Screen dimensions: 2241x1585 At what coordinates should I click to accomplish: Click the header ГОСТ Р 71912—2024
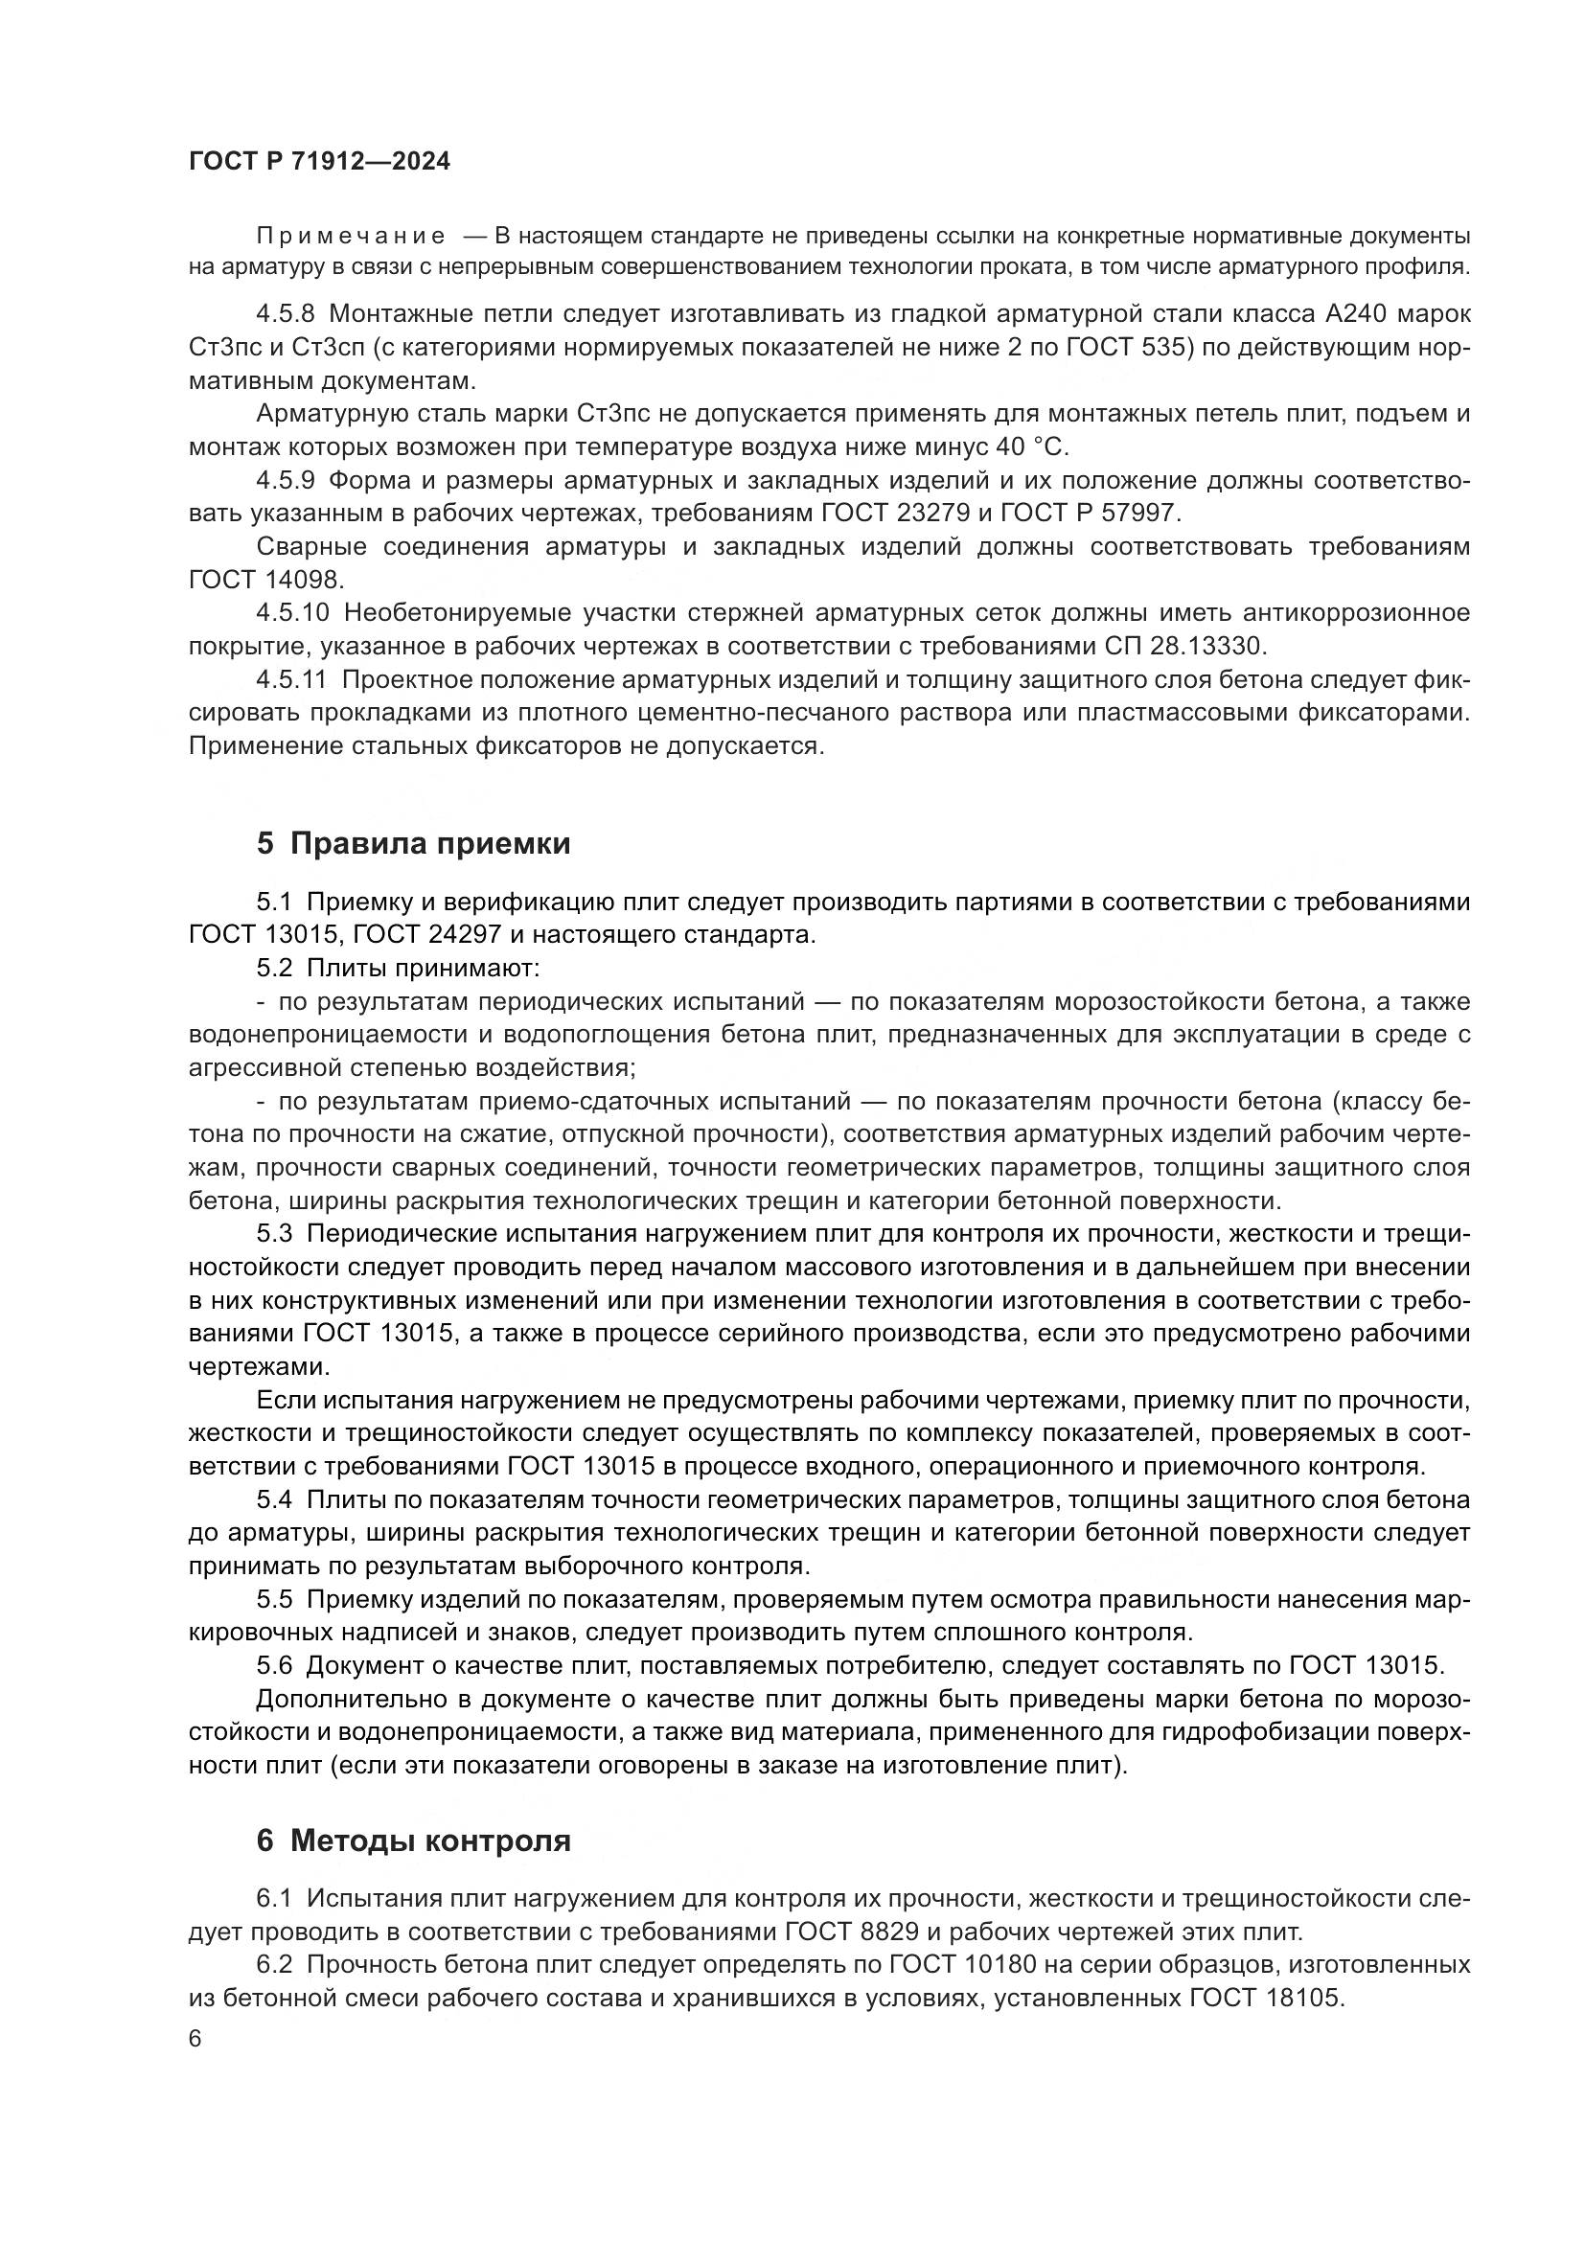tap(319, 161)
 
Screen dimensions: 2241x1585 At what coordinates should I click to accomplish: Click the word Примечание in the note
tap(351, 236)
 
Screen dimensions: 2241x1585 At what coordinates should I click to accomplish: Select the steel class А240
tap(1345, 314)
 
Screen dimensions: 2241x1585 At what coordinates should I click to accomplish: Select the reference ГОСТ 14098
tap(264, 580)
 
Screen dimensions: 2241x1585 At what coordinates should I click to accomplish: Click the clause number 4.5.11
tap(292, 679)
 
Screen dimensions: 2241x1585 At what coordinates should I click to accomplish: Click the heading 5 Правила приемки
tap(413, 843)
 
